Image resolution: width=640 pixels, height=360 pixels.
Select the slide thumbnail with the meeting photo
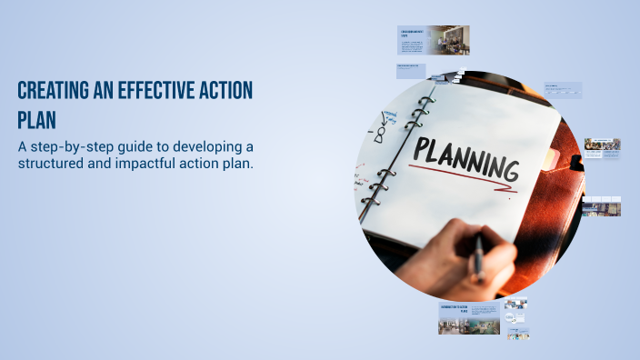click(434, 41)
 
